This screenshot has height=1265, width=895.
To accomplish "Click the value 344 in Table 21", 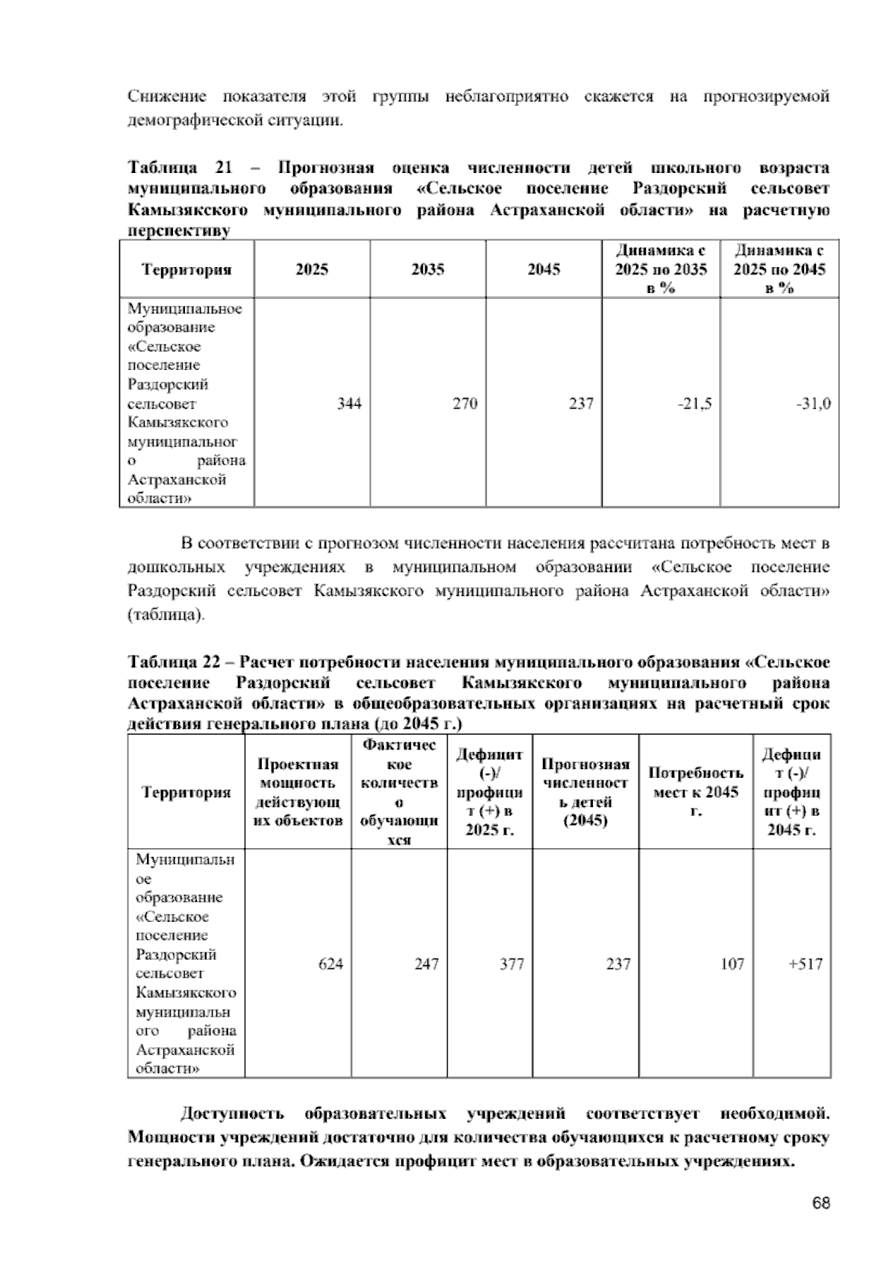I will click(349, 404).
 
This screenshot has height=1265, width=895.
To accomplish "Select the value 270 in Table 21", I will click(465, 404).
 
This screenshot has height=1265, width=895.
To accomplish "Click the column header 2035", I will click(427, 269).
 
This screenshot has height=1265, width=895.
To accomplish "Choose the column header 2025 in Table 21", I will click(312, 269).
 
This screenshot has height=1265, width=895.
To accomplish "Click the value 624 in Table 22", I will click(330, 964).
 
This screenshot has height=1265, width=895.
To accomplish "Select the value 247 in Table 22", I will click(427, 964).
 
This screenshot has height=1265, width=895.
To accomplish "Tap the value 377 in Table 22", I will click(512, 964).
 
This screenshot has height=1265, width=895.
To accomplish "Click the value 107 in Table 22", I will click(732, 964).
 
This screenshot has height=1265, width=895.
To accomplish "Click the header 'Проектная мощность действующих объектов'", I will click(298, 791).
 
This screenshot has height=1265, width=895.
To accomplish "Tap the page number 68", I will click(821, 1203).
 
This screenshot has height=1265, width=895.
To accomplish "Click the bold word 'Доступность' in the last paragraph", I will click(232, 1114).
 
